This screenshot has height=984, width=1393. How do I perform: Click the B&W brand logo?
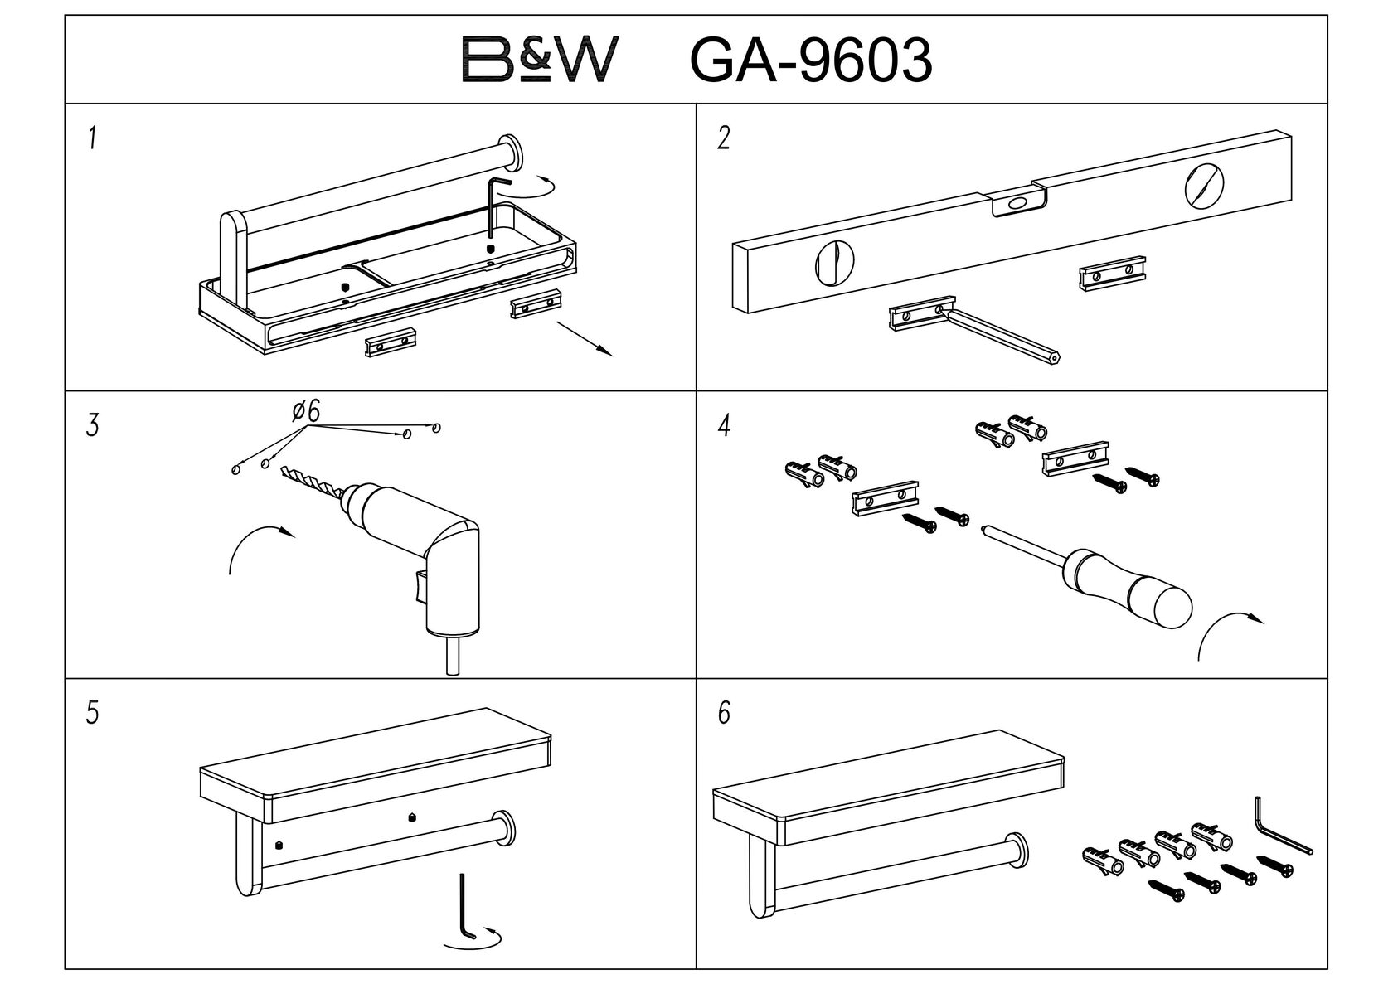click(540, 60)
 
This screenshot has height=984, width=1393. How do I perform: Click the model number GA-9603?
click(811, 61)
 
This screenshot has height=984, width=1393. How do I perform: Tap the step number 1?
click(93, 138)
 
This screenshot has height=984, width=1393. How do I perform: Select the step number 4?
click(723, 426)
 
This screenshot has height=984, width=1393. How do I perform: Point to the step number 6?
click(723, 714)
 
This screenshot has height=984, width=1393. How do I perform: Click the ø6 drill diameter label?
click(306, 411)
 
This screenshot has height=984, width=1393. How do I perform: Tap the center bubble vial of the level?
click(1018, 202)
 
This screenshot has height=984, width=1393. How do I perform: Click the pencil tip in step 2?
click(1055, 357)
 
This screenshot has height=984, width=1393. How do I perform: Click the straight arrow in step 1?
click(585, 339)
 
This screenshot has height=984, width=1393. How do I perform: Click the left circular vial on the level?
click(834, 265)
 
